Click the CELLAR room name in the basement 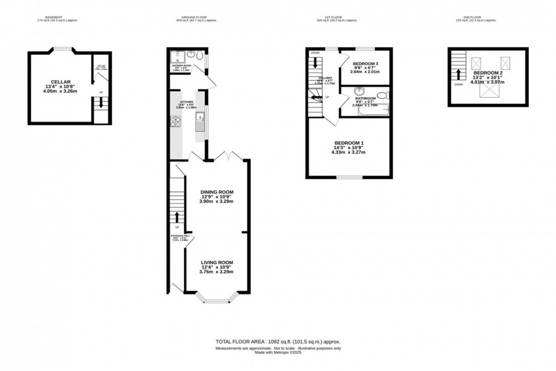tap(60, 82)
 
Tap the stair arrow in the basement tap(101, 103)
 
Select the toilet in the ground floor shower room tap(193, 55)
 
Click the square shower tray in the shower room tap(178, 57)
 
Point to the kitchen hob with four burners tap(176, 120)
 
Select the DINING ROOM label tap(217, 192)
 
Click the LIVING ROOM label tap(217, 262)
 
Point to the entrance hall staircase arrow tap(177, 218)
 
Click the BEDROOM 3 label tap(365, 64)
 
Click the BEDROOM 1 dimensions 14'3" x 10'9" tap(349, 148)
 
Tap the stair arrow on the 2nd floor tap(458, 74)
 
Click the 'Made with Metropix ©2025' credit tap(277, 352)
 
